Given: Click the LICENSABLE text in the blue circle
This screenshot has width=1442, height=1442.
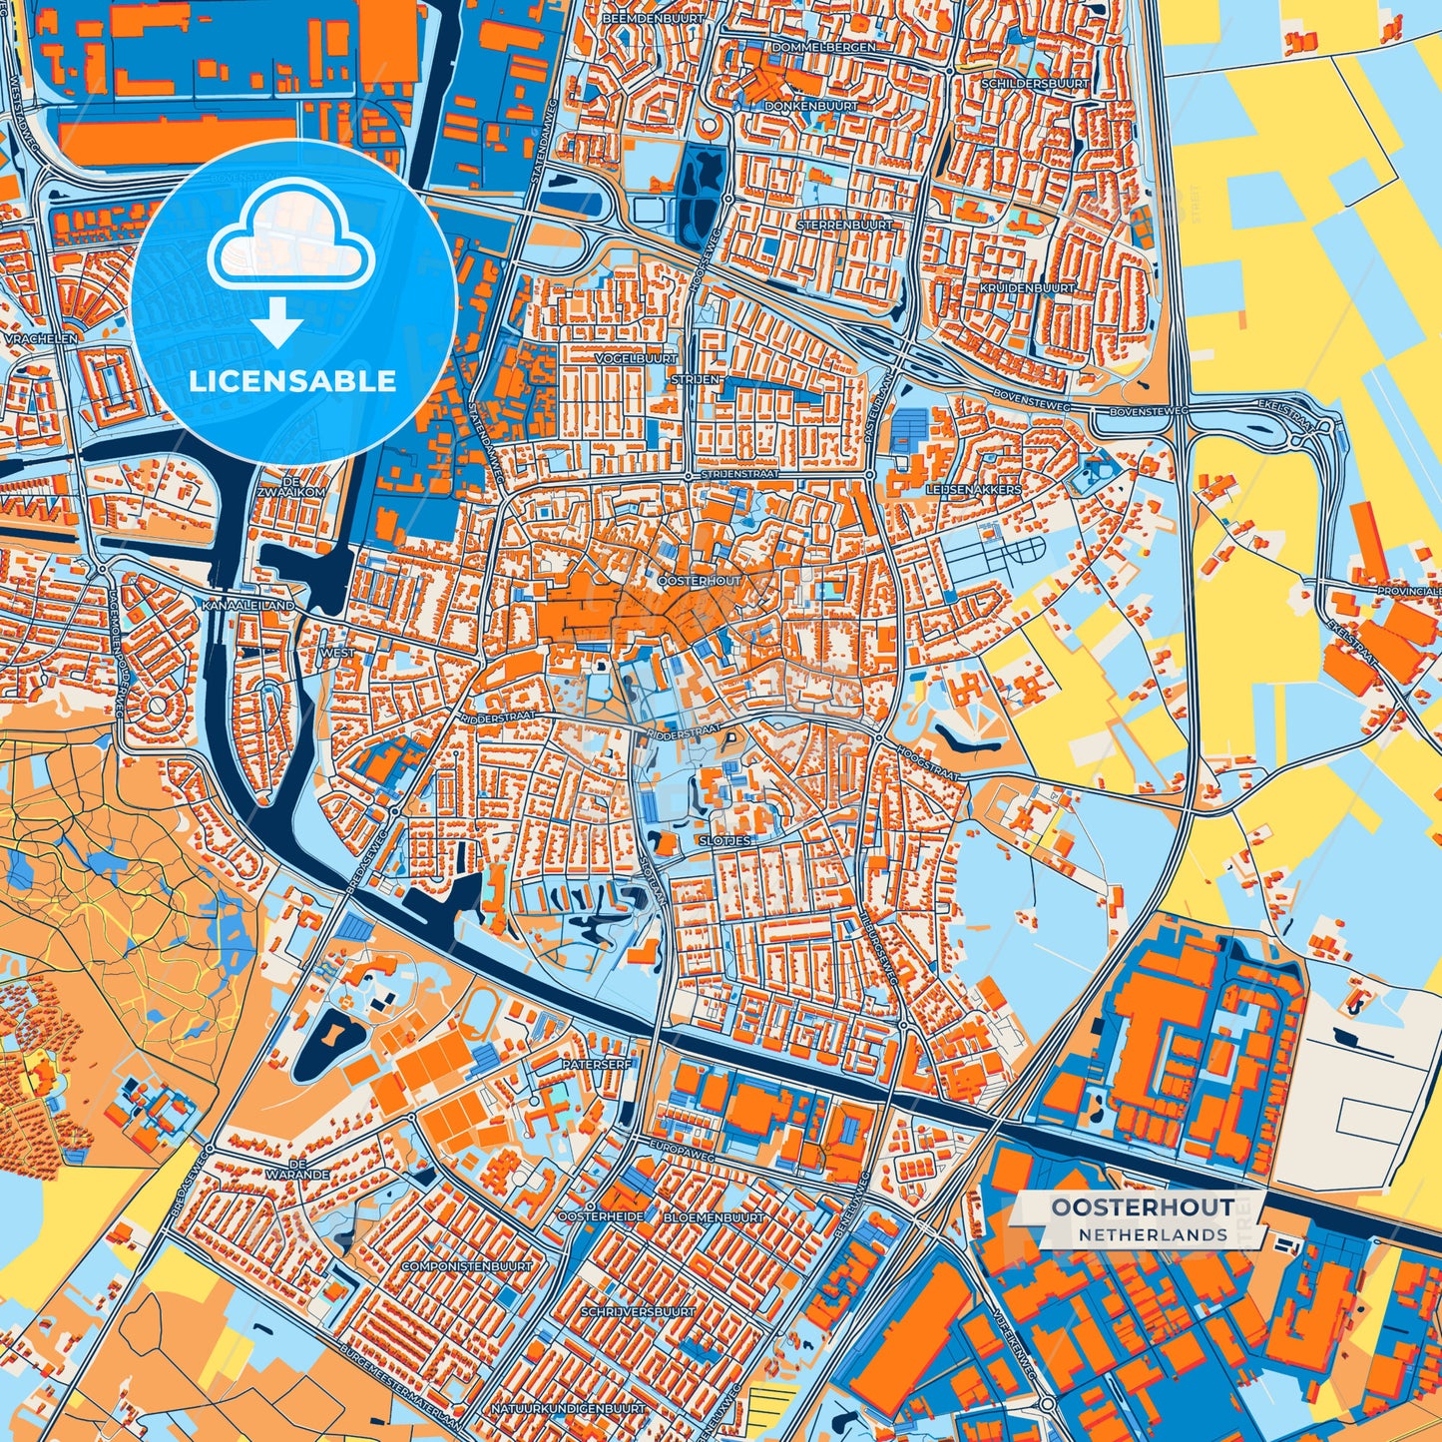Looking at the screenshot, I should (x=292, y=380).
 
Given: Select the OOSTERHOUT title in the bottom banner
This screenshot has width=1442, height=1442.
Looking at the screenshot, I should (x=1142, y=1206).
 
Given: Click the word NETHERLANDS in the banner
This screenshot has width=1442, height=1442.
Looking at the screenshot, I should (x=1153, y=1234).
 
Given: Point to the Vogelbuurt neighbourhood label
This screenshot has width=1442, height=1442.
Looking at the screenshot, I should (x=636, y=357).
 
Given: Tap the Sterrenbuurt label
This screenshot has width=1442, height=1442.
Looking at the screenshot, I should (x=844, y=226).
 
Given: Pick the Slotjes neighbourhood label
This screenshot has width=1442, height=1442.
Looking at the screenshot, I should (x=725, y=840).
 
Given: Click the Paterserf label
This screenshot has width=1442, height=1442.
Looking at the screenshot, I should (x=597, y=1064).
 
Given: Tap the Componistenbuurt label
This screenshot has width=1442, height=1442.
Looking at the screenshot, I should (x=467, y=1265).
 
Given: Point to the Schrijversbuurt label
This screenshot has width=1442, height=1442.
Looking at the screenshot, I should (x=637, y=1311).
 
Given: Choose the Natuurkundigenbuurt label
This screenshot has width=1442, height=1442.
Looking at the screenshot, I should (x=568, y=1408).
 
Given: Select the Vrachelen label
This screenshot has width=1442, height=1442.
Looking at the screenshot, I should (x=41, y=338).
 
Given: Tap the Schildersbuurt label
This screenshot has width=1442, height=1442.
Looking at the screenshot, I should (x=1035, y=84).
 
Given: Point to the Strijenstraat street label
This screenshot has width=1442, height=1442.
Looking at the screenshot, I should (x=739, y=474).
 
